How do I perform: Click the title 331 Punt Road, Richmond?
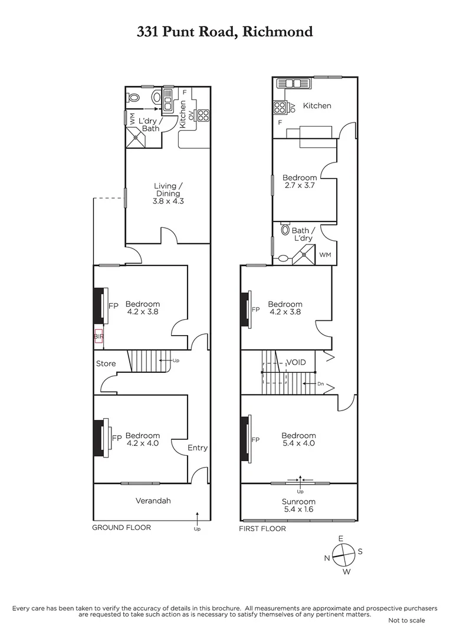pos(225,32)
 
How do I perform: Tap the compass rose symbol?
pos(342,554)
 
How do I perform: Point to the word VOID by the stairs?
pos(296,362)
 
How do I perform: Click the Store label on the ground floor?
pos(106,363)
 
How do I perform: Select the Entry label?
pos(198,448)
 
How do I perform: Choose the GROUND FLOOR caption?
pos(121,528)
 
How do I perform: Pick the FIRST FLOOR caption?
pos(262,529)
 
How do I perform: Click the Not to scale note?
pos(407,620)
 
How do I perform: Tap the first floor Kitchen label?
pos(317,106)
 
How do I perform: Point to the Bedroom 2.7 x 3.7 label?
pos(300,181)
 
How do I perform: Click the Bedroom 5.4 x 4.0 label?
pos(298,439)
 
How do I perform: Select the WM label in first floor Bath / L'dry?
pos(325,255)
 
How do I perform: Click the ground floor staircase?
pos(150,360)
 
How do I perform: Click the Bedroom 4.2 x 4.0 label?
pos(143,439)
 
